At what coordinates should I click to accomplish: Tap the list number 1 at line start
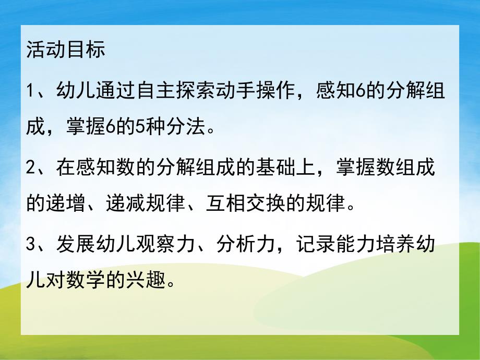[30, 92]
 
